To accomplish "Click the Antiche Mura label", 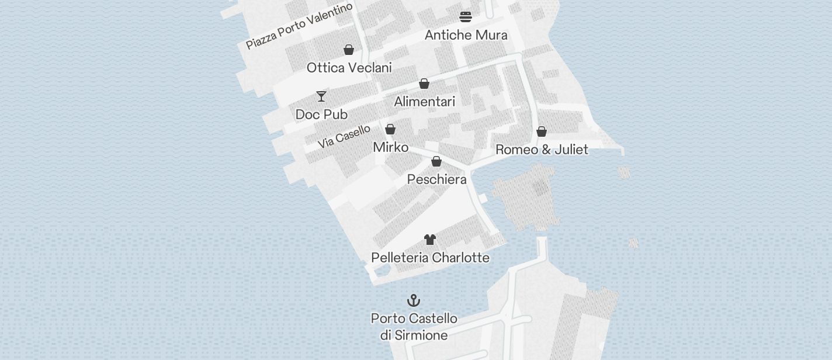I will click(466, 35).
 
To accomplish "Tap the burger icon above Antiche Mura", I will click(466, 16).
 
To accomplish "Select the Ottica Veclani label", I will click(349, 68).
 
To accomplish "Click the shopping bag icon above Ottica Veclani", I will click(349, 50).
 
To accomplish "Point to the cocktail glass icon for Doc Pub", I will click(321, 96).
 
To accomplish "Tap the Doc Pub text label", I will click(321, 114).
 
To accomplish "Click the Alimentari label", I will click(424, 102).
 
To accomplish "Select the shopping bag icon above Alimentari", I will click(424, 84).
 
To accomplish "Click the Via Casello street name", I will click(344, 137).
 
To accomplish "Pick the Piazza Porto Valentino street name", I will click(299, 26).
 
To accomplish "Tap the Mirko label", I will click(390, 147).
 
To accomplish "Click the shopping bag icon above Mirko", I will click(390, 129).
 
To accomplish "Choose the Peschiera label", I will click(436, 179).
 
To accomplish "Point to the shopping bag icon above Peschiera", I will click(436, 161).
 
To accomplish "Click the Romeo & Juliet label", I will click(542, 150).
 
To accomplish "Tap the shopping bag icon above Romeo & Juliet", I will click(542, 131).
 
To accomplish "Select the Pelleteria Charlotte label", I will click(430, 258).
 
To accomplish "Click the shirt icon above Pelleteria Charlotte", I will click(430, 240).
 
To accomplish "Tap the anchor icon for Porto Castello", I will click(414, 300).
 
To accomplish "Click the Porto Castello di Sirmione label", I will click(414, 327).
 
